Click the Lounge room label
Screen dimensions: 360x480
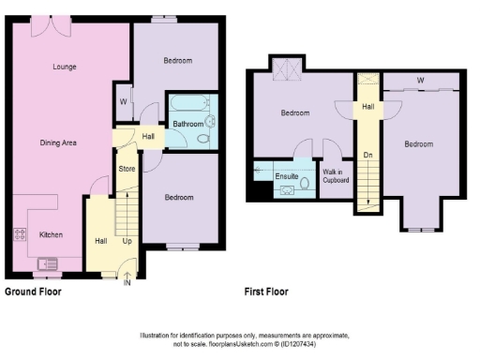pos(64,67)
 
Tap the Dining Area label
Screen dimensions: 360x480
pos(57,142)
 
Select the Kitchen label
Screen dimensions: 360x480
pos(51,234)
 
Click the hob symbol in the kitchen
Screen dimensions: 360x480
pos(19,234)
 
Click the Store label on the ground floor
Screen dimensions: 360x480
pos(127,169)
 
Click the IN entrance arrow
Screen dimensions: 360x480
pos(127,279)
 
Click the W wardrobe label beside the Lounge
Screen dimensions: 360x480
pos(123,101)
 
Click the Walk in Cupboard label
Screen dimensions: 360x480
pos(333,175)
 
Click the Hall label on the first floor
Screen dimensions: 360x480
pos(369,108)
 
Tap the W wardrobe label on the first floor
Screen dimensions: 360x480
pos(420,81)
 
